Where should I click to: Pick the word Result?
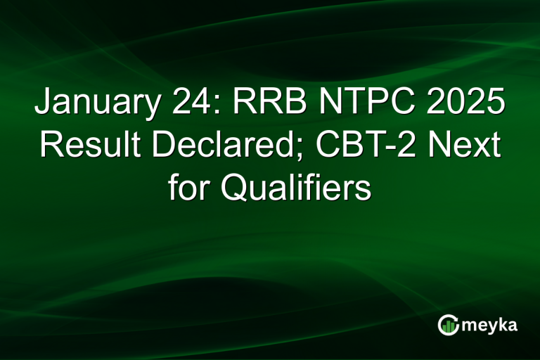click(84, 146)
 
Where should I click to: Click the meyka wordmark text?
click(489, 325)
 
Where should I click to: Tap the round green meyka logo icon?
click(449, 325)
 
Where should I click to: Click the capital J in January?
click(41, 104)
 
